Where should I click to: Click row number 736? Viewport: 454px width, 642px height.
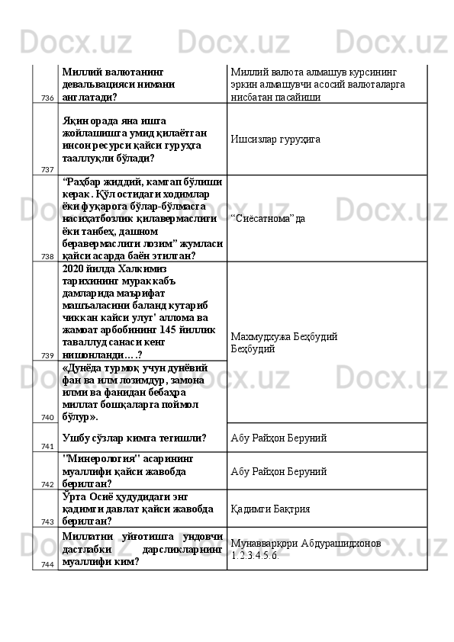point(47,98)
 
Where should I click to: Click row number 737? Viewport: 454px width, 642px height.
point(47,169)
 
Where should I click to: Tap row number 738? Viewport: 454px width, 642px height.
point(47,256)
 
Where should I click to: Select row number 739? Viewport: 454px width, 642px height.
point(47,355)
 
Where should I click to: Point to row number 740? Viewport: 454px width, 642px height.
point(47,417)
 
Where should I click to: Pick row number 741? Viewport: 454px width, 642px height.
point(47,446)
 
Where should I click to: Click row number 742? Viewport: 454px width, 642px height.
point(47,484)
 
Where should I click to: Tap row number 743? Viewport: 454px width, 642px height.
point(47,522)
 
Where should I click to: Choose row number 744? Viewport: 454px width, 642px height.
point(47,564)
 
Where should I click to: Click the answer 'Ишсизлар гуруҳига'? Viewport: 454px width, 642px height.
point(275,140)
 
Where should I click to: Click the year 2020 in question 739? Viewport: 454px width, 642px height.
point(73,269)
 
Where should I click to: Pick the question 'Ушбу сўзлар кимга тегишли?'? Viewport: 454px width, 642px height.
point(134,438)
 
